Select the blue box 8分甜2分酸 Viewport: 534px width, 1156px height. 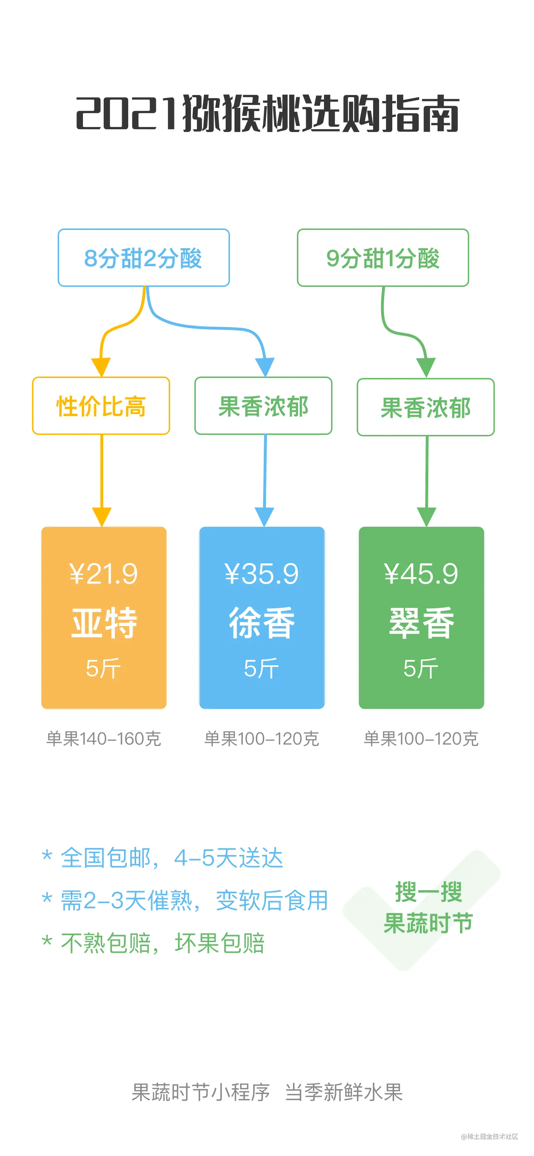143,258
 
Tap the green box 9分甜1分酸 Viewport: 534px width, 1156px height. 383,258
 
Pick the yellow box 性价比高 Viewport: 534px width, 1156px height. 101,406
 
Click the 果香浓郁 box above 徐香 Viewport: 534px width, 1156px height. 263,406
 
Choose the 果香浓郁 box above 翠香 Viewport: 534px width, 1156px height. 425,408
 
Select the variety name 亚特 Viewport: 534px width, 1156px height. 104,623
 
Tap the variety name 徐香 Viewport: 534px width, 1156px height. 262,623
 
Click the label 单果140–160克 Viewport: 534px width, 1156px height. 104,739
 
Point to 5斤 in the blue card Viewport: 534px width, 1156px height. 261,669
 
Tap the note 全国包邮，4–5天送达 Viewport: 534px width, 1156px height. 172,858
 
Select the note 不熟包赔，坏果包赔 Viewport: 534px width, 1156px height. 162,943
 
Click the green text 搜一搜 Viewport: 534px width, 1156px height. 428,892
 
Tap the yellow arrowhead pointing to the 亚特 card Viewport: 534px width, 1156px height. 102,516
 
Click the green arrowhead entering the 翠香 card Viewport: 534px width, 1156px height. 426,516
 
